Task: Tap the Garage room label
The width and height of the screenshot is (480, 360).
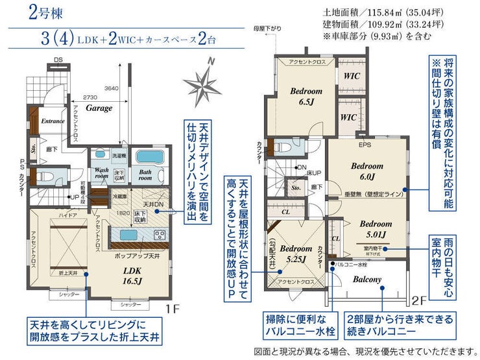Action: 99,108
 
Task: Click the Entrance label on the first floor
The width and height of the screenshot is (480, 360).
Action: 53,121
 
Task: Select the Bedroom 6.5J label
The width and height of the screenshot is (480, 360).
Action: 306,96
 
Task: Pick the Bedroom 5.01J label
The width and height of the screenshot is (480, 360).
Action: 373,229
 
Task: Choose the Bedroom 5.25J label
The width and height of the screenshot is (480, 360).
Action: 297,252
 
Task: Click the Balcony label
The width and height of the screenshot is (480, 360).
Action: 367,280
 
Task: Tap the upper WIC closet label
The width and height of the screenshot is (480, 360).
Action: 351,75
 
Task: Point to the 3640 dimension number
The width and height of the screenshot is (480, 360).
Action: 112,88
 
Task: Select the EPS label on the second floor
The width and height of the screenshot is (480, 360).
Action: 364,144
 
